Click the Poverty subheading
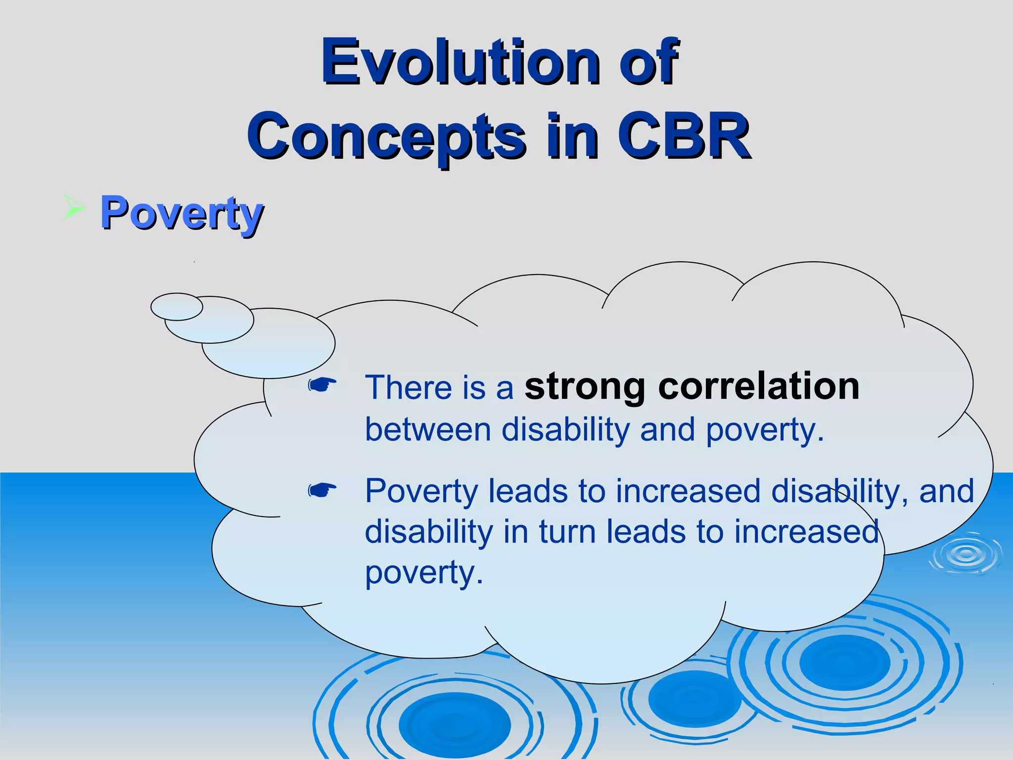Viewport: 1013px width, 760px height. pyautogui.click(x=182, y=214)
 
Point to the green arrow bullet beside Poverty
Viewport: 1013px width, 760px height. pyautogui.click(x=74, y=208)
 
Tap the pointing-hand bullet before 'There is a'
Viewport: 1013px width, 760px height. pyautogui.click(x=322, y=384)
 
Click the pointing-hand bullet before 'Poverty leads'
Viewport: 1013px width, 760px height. pyautogui.click(x=322, y=490)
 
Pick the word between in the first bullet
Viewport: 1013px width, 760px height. pyautogui.click(x=428, y=429)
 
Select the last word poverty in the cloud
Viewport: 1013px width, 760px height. pyautogui.click(x=423, y=573)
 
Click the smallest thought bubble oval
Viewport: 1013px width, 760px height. pyautogui.click(x=177, y=307)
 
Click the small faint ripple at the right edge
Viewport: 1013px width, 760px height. pyautogui.click(x=966, y=554)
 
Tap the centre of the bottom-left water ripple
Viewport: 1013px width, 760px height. pyautogui.click(x=454, y=724)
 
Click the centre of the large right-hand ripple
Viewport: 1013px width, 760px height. pyautogui.click(x=844, y=662)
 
